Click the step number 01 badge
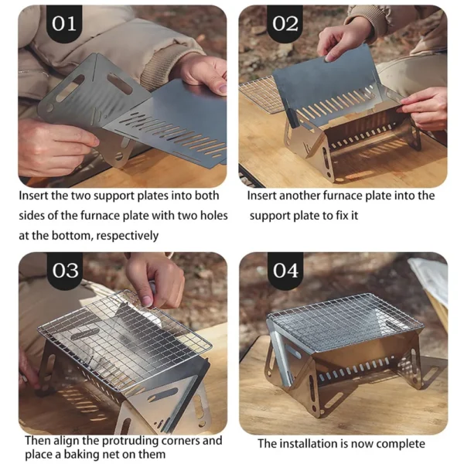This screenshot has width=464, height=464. pos(64,24)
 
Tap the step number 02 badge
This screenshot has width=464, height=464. pos(285,24)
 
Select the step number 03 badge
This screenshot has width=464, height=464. pos(65,270)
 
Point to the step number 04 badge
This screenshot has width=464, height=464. pos(285,270)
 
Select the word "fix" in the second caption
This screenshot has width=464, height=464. pos(342,216)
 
